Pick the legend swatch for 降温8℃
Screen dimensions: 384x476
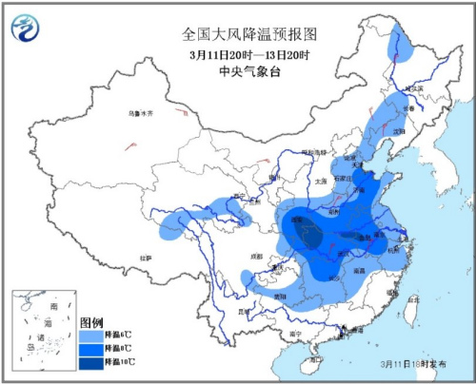coord(90,349)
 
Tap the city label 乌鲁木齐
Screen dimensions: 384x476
coord(140,113)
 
